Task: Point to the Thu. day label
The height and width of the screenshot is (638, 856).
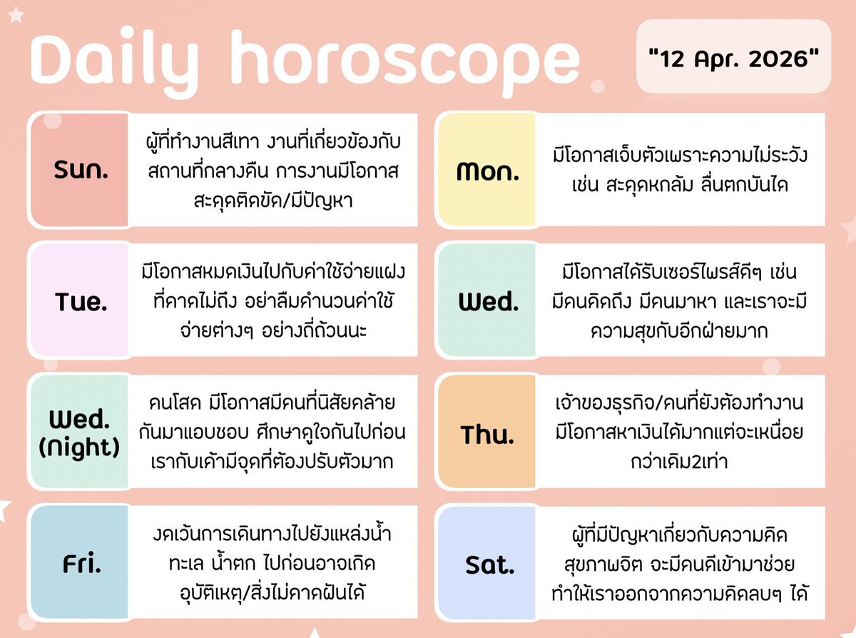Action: pos(488,435)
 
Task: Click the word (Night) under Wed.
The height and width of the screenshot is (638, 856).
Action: pos(80,448)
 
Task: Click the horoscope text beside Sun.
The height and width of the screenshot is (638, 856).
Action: pos(270,171)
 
